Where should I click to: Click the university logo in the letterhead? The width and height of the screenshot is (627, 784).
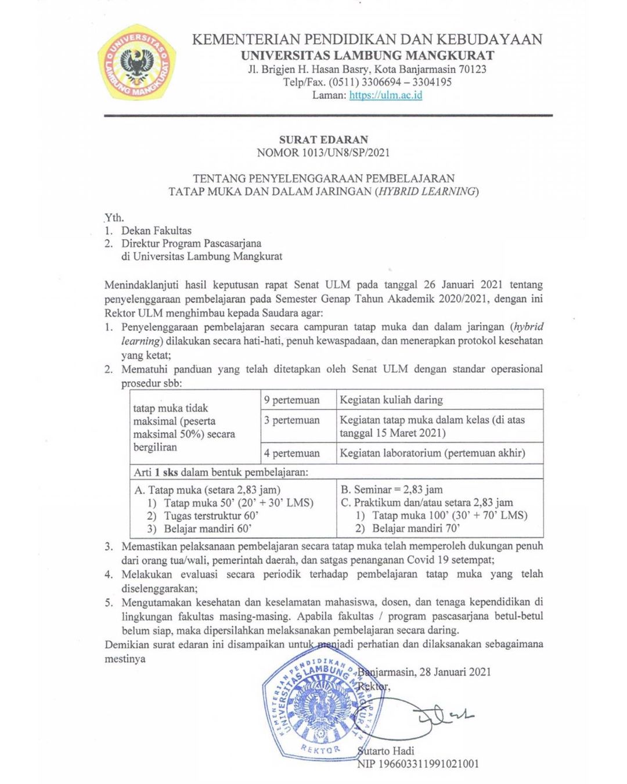136,62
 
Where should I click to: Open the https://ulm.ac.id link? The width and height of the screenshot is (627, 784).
385,95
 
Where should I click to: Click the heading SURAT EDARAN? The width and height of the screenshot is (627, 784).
323,139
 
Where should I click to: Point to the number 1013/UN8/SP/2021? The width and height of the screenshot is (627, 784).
345,153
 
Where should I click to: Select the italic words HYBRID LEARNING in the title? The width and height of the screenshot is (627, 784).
427,192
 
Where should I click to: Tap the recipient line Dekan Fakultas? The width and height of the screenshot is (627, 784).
156,231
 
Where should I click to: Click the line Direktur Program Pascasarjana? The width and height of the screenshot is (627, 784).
191,243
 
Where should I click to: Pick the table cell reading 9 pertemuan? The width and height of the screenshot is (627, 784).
291,400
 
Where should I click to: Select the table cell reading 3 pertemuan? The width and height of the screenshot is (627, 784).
291,420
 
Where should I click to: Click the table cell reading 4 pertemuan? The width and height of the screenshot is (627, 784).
291,453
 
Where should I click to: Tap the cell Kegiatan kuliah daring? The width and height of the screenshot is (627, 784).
391,400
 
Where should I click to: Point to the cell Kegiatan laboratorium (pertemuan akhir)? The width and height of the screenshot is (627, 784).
433,453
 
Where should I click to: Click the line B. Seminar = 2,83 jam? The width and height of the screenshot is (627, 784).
392,490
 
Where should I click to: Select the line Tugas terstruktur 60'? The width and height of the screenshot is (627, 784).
211,516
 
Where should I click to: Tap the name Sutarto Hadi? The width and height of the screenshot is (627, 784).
386,751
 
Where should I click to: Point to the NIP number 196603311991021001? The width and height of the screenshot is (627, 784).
428,764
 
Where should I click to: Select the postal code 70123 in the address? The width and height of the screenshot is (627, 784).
472,69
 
